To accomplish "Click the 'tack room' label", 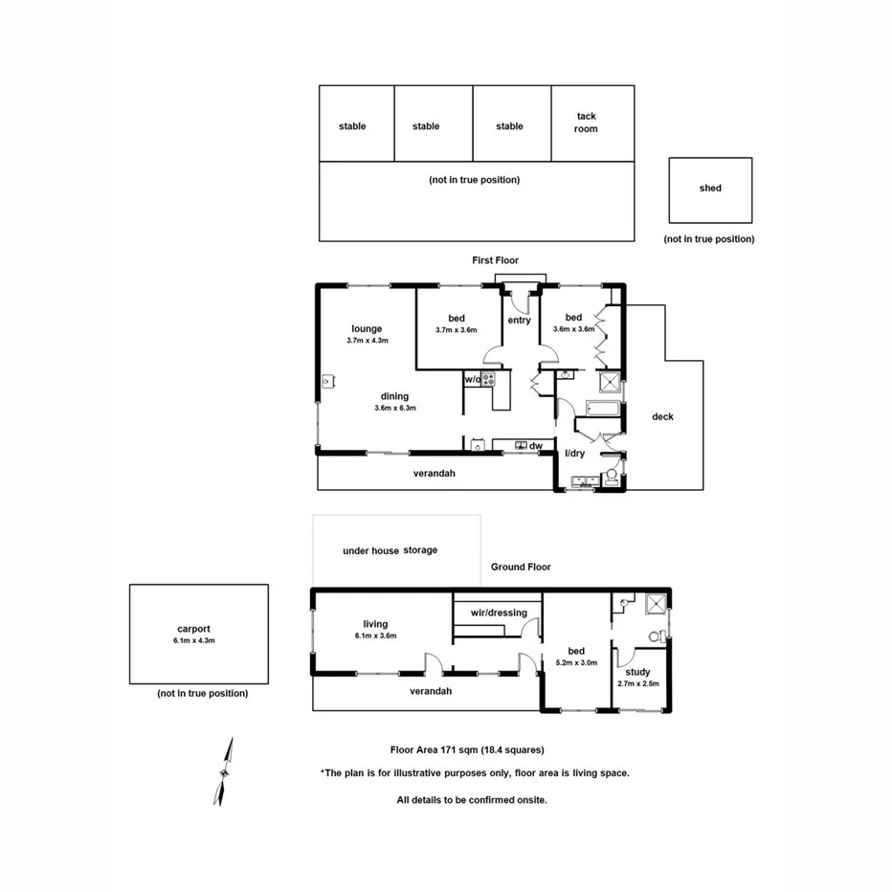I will coord(586,123).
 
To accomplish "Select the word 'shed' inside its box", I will coord(710,189).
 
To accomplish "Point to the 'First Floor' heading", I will coord(496,260).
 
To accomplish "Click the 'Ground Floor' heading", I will coord(521,567).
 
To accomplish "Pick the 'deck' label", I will coord(662,416).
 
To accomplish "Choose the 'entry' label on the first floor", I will coord(519,321).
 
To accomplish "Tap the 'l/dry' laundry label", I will coord(574,454).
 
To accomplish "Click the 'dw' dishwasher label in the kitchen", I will coord(536,445).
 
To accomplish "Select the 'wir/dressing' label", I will coord(499,613).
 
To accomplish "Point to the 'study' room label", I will coord(637,672).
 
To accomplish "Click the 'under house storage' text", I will coord(390,550).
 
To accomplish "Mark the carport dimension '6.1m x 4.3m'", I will coord(193,641).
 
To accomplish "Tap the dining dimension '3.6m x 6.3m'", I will coord(394,408).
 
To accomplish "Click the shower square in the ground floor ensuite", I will coord(656,604).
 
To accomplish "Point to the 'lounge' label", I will coord(367,329).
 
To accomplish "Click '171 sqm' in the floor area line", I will coord(444,750).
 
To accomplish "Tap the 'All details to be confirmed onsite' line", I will coord(472,799).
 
